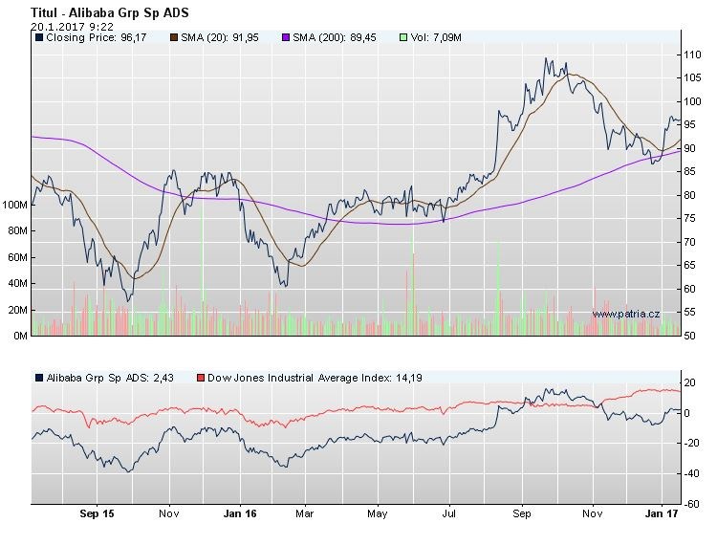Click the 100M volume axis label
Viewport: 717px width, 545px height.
[x=15, y=205]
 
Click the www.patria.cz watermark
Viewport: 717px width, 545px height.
[x=626, y=313]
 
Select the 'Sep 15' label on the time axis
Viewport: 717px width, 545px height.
[x=97, y=514]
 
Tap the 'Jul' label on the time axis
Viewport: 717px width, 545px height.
[x=449, y=514]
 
